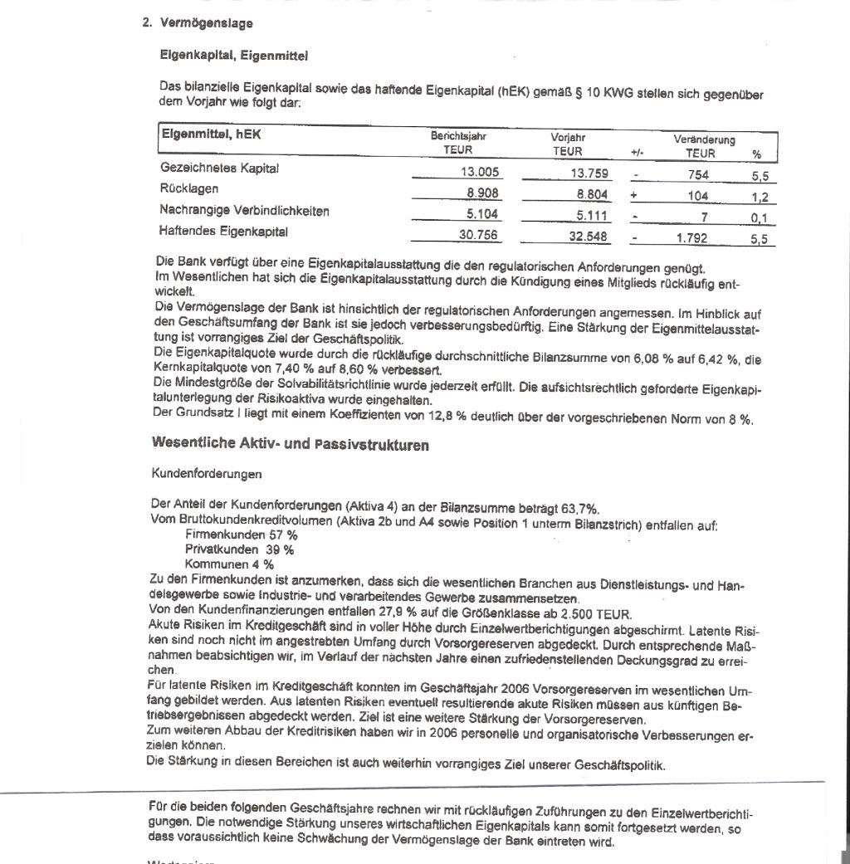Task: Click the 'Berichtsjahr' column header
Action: (457, 136)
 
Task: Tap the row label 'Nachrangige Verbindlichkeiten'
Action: (245, 211)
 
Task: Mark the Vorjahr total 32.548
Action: (590, 237)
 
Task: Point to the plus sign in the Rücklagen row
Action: (633, 196)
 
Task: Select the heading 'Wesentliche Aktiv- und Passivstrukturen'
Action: (291, 444)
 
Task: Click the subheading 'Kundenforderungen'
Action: (207, 474)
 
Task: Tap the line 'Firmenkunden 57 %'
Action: (241, 535)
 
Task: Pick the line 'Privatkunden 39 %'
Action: (239, 549)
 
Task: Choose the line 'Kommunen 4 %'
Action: (229, 564)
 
